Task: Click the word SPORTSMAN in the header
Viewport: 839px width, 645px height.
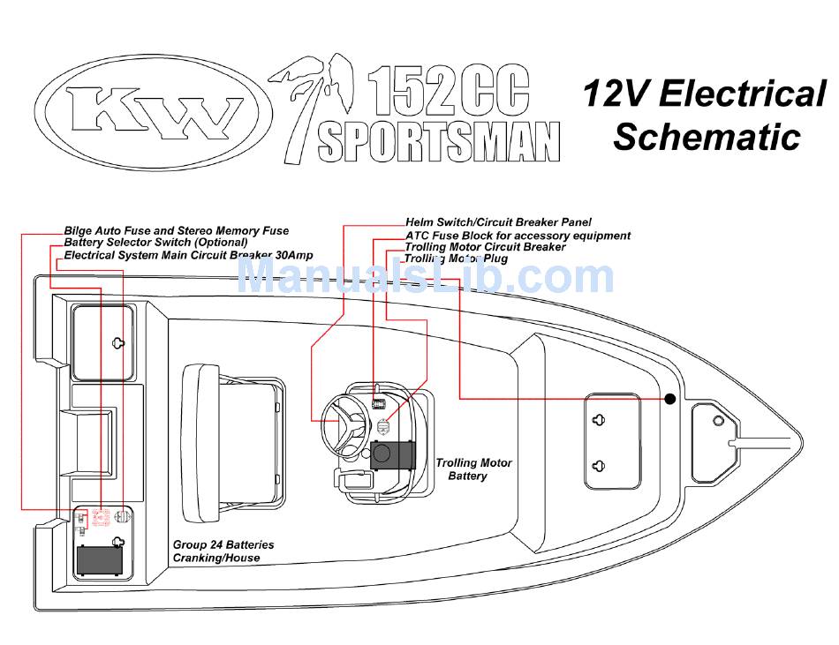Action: [439, 141]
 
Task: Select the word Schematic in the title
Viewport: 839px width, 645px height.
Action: [707, 137]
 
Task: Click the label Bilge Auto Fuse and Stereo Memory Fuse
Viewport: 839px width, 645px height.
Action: [177, 231]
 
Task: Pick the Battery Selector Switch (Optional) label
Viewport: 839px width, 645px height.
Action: [155, 242]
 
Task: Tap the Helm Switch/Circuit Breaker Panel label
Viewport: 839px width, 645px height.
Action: [498, 222]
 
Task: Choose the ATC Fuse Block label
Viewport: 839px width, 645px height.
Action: [518, 236]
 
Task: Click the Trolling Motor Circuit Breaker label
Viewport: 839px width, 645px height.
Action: [485, 247]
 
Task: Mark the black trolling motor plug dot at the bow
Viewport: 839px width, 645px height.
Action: [670, 399]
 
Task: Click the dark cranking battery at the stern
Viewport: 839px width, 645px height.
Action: [100, 559]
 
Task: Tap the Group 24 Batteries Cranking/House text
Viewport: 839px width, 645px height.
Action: [223, 551]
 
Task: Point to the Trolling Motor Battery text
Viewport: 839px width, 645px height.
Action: [473, 469]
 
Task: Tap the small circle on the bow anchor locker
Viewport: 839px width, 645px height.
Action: [718, 421]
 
